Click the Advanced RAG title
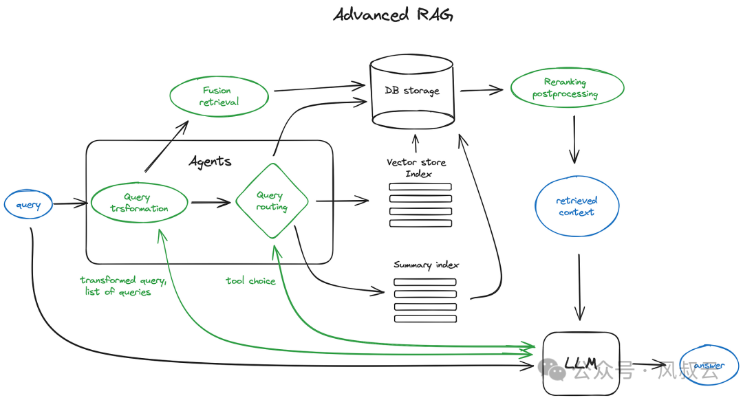(x=393, y=15)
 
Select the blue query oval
(x=28, y=205)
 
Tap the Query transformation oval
(x=139, y=203)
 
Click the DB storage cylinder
(x=413, y=93)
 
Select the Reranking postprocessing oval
(x=566, y=89)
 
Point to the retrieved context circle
(x=577, y=206)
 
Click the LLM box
(x=581, y=363)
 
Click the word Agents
(x=211, y=162)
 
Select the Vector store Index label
(x=416, y=168)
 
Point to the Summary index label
(x=426, y=265)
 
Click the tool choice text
(x=250, y=281)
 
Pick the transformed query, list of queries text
(x=122, y=286)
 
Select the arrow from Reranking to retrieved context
(x=575, y=142)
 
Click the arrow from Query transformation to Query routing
(x=211, y=203)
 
